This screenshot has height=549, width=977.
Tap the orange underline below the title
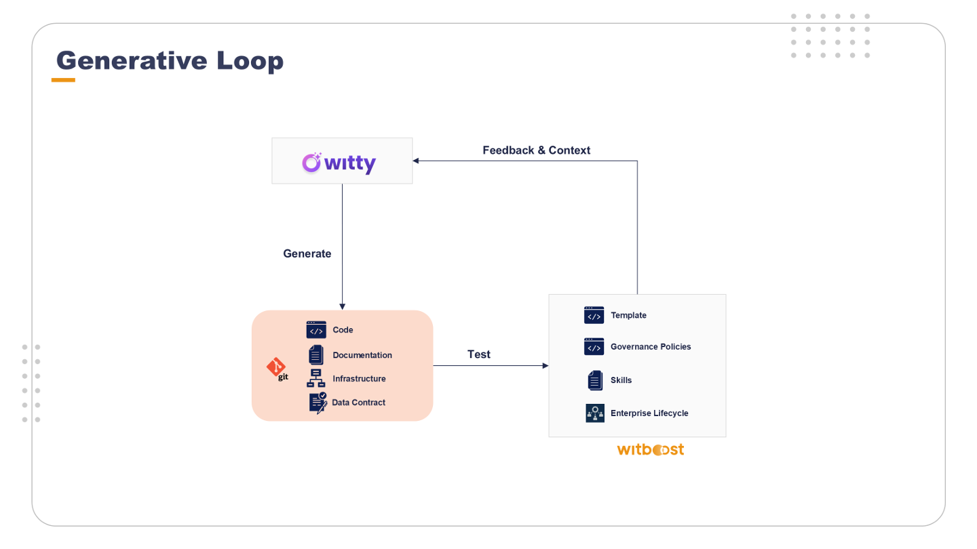click(x=63, y=80)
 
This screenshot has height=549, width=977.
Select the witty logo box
click(x=342, y=161)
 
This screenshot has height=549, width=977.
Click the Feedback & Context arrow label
click(x=536, y=150)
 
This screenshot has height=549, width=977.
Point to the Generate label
click(x=307, y=254)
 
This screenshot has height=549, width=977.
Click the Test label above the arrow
click(x=479, y=354)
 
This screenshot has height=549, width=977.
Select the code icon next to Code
click(x=316, y=330)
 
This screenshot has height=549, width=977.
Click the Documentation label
click(x=362, y=355)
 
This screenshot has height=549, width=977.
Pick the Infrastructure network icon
click(x=316, y=378)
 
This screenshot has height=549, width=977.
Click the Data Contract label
click(x=358, y=403)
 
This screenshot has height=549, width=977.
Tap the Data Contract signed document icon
click(x=318, y=403)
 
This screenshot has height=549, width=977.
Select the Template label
click(x=628, y=315)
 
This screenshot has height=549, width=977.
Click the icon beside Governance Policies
click(x=594, y=347)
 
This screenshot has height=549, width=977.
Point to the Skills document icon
click(x=595, y=380)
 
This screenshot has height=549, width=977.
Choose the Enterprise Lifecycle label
click(x=649, y=413)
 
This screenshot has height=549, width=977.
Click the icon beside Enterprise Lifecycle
click(x=595, y=413)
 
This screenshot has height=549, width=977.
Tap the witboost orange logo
click(x=650, y=449)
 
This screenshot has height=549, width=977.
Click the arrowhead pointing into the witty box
click(x=416, y=161)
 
